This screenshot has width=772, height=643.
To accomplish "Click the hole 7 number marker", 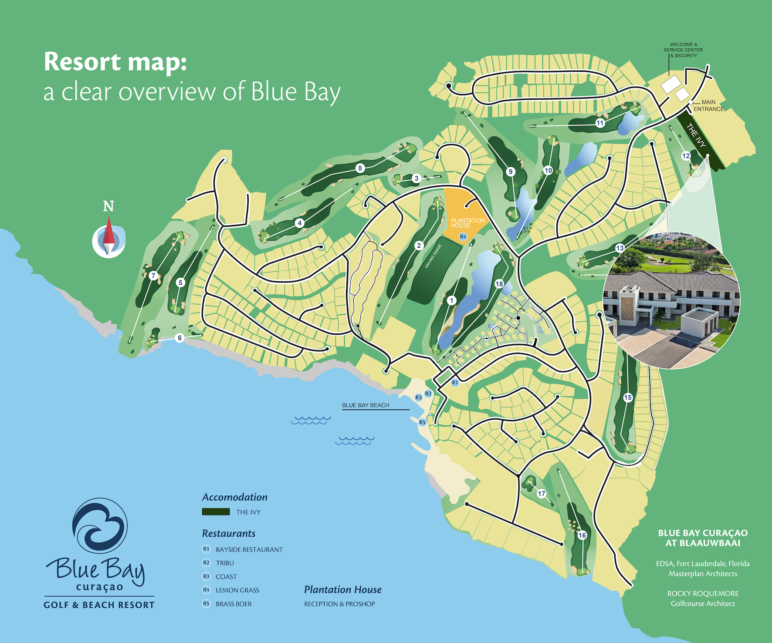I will (x=153, y=276).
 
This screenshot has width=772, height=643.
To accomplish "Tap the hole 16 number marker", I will (x=582, y=535).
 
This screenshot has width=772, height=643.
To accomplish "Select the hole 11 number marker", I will (x=600, y=123).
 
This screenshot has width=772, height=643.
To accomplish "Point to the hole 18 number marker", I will (x=499, y=284).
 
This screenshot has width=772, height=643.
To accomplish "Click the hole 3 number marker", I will (x=416, y=178).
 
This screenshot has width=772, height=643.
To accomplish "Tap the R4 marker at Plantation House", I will (x=463, y=237).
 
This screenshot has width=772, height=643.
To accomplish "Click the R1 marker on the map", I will (x=455, y=383).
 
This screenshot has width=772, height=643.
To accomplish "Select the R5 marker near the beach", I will (x=422, y=422).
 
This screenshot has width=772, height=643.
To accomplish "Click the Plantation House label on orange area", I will (x=467, y=223).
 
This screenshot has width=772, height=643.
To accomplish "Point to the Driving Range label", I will (x=433, y=256).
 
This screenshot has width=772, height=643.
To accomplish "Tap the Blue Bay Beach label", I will (x=366, y=405).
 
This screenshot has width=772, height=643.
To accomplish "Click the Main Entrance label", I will (x=708, y=105).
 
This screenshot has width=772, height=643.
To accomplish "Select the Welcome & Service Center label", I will (x=683, y=50).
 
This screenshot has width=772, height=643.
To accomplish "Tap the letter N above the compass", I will (x=108, y=206).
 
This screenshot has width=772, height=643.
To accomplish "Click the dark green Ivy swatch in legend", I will (x=216, y=512).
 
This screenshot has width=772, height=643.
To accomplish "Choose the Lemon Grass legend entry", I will (x=237, y=590).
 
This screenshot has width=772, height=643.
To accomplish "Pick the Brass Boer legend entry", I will (x=234, y=604).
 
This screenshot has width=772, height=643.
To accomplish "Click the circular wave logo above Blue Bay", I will (x=100, y=526).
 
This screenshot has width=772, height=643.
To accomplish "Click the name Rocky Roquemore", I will (x=703, y=593).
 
